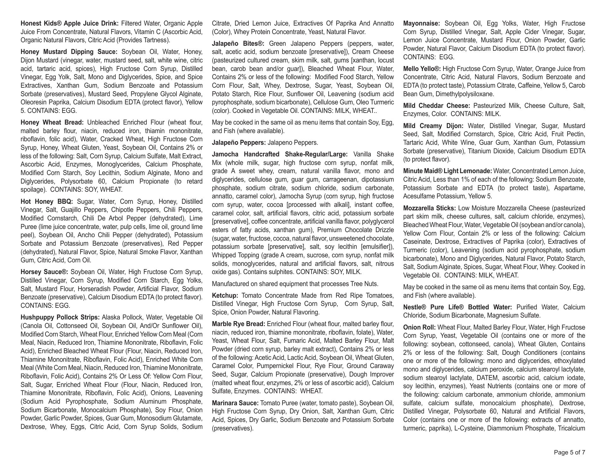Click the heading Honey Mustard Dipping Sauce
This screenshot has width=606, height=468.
pyautogui.click(x=69, y=52)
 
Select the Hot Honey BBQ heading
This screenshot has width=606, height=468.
pyautogui.click(x=47, y=202)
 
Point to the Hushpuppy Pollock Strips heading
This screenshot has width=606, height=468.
pyautogui.click(x=60, y=317)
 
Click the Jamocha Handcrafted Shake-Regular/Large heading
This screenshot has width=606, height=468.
pyautogui.click(x=279, y=154)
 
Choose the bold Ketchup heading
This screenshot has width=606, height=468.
pyautogui.click(x=225, y=295)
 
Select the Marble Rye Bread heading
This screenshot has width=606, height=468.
pyautogui.click(x=238, y=324)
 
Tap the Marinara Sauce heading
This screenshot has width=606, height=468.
pyautogui.click(x=235, y=403)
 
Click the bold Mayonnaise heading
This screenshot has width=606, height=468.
pyautogui.click(x=421, y=23)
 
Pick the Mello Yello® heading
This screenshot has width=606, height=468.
pyautogui.click(x=422, y=69)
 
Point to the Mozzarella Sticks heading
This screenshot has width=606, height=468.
pyautogui.click(x=429, y=208)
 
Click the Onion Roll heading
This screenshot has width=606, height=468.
pyautogui.click(x=419, y=327)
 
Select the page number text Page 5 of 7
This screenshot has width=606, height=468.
pyautogui.click(x=569, y=453)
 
